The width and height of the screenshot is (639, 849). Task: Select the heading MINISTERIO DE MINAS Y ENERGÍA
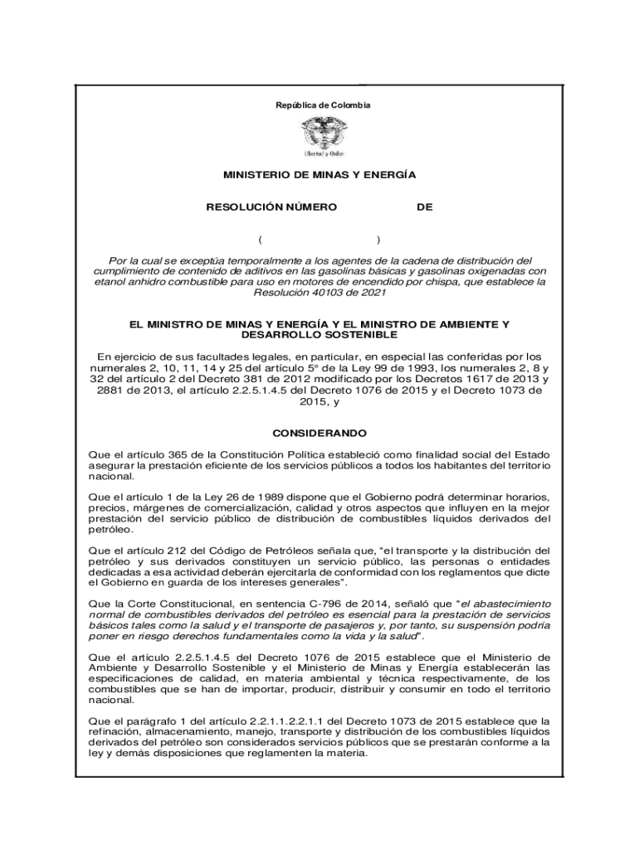pos(319,176)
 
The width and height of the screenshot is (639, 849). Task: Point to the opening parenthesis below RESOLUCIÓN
pos(260,240)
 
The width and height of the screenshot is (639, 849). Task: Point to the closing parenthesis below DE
pos(378,240)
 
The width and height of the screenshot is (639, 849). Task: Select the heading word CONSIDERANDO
pos(319,434)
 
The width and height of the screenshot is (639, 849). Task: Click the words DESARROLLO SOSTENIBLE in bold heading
pos(319,335)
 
